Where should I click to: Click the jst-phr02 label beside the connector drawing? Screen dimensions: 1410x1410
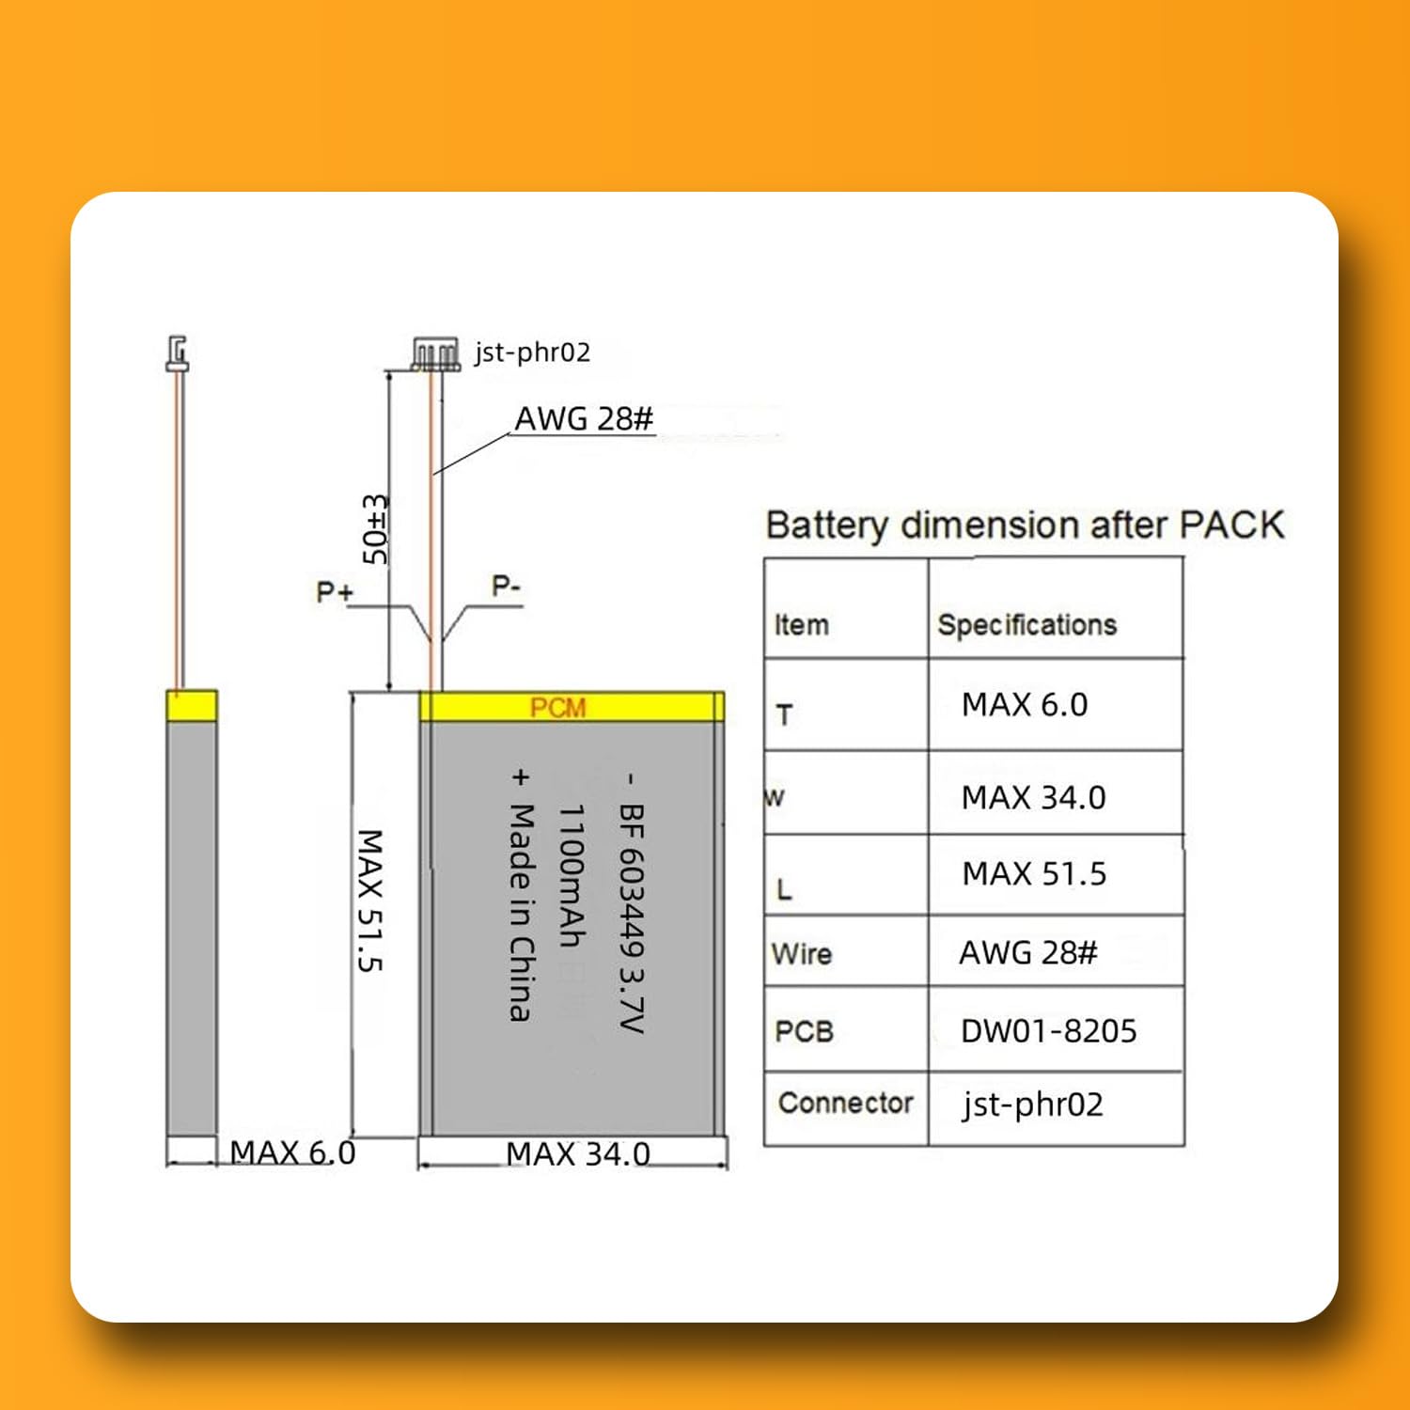coord(532,352)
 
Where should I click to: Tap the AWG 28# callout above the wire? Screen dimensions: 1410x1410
coord(584,418)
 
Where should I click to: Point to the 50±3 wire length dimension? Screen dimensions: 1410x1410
coord(375,529)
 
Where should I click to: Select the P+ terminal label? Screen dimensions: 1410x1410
coord(335,592)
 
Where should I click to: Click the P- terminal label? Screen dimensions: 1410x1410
coord(506,587)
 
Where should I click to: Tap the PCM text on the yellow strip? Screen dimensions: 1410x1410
coord(557,708)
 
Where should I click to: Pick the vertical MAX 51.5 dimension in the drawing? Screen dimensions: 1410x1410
coord(370,900)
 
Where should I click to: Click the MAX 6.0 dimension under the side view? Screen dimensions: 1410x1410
coord(292,1152)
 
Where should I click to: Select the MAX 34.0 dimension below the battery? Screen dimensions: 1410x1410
coord(577,1153)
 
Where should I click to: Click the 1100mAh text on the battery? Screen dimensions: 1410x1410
coord(572,875)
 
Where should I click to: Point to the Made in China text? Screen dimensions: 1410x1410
coord(521,912)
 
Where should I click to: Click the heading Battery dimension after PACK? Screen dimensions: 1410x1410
coord(1025,525)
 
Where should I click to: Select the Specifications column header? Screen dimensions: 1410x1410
coord(1026,625)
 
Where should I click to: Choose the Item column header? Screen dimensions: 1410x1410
coord(801,625)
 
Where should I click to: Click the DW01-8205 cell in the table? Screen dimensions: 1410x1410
coord(1048,1031)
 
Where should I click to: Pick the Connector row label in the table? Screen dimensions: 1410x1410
coord(845,1103)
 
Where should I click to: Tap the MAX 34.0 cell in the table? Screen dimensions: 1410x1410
coord(1033,798)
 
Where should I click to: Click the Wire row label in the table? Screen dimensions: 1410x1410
coord(801,954)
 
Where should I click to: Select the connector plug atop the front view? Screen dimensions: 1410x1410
coord(435,353)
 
